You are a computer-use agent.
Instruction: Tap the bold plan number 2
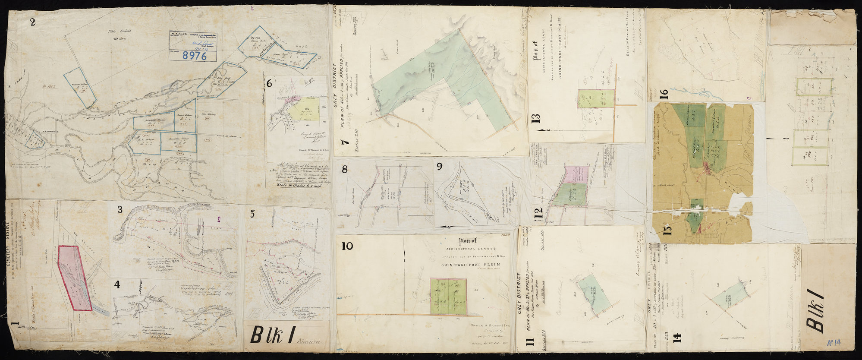[33, 22]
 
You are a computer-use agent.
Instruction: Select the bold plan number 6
[270, 84]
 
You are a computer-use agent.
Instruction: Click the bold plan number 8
[345, 169]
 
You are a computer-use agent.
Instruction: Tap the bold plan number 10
[347, 246]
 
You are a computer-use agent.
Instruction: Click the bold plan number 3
[120, 210]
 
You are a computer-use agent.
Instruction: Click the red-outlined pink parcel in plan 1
[75, 278]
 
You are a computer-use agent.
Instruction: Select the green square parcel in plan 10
[448, 296]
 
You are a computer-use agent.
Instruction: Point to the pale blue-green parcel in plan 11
[593, 292]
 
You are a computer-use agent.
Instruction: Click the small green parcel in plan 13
[596, 99]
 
